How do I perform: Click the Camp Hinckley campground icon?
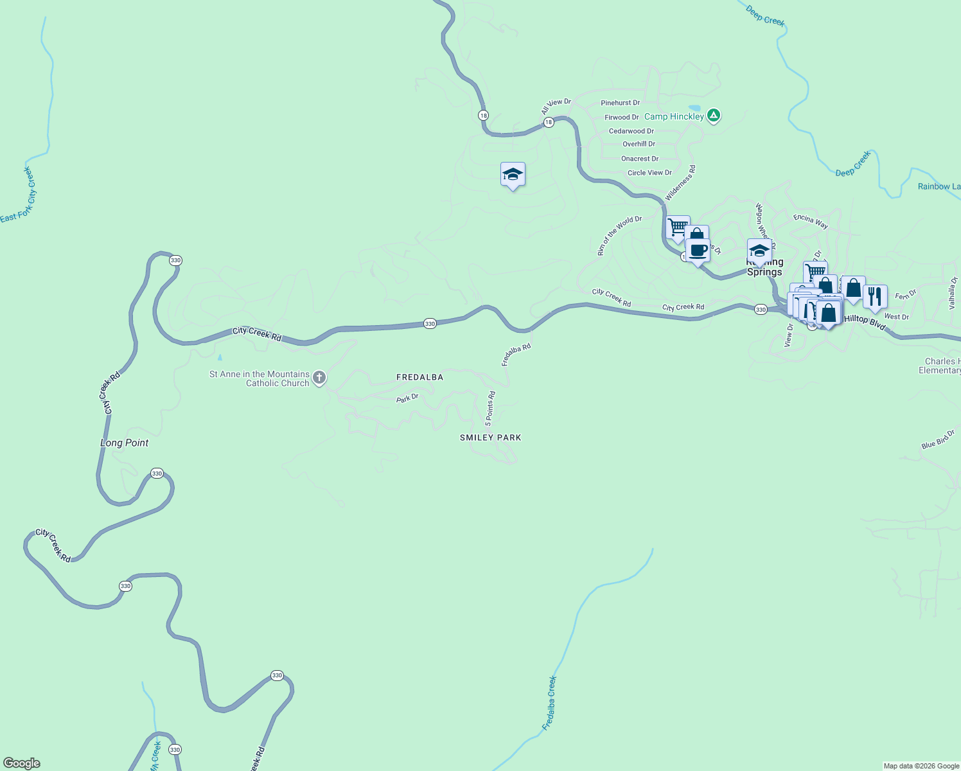pyautogui.click(x=713, y=116)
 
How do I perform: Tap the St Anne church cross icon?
pyautogui.click(x=319, y=378)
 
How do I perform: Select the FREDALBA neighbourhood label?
pyautogui.click(x=419, y=377)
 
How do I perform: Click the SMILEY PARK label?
pyautogui.click(x=490, y=438)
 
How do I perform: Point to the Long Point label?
pyautogui.click(x=124, y=443)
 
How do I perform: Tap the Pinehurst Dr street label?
pyautogui.click(x=620, y=103)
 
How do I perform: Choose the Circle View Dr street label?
pyautogui.click(x=649, y=173)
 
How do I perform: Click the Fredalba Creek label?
pyautogui.click(x=549, y=703)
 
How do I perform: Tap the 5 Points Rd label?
pyautogui.click(x=490, y=409)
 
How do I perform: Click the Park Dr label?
pyautogui.click(x=407, y=398)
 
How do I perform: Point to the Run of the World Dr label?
pyautogui.click(x=619, y=236)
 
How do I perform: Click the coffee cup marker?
pyautogui.click(x=698, y=250)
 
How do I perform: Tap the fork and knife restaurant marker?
pyautogui.click(x=874, y=296)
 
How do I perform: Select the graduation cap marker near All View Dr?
pyautogui.click(x=513, y=174)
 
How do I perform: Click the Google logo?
pyautogui.click(x=22, y=763)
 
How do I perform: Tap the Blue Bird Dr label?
pyautogui.click(x=938, y=439)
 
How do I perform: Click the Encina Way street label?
pyautogui.click(x=811, y=221)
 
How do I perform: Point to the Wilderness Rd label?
pyautogui.click(x=680, y=183)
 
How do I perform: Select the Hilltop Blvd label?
pyautogui.click(x=865, y=323)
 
